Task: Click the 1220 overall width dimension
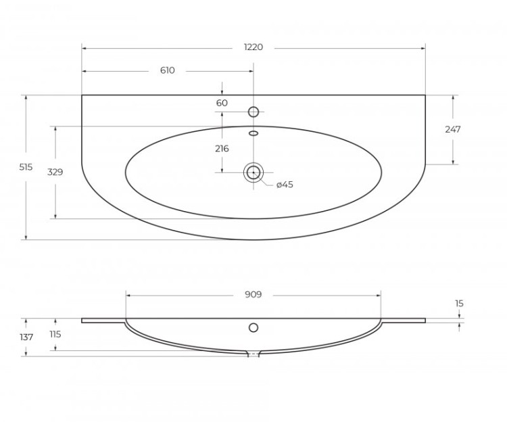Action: point(254,47)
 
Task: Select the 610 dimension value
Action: point(168,70)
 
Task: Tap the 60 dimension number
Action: point(222,103)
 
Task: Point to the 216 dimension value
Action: point(222,149)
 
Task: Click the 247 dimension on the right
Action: point(453,129)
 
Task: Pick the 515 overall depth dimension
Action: point(26,167)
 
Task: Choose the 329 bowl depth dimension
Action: point(55,172)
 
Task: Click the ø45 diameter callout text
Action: point(285,185)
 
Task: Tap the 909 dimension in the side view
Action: point(253,295)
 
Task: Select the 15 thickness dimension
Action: point(459,304)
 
